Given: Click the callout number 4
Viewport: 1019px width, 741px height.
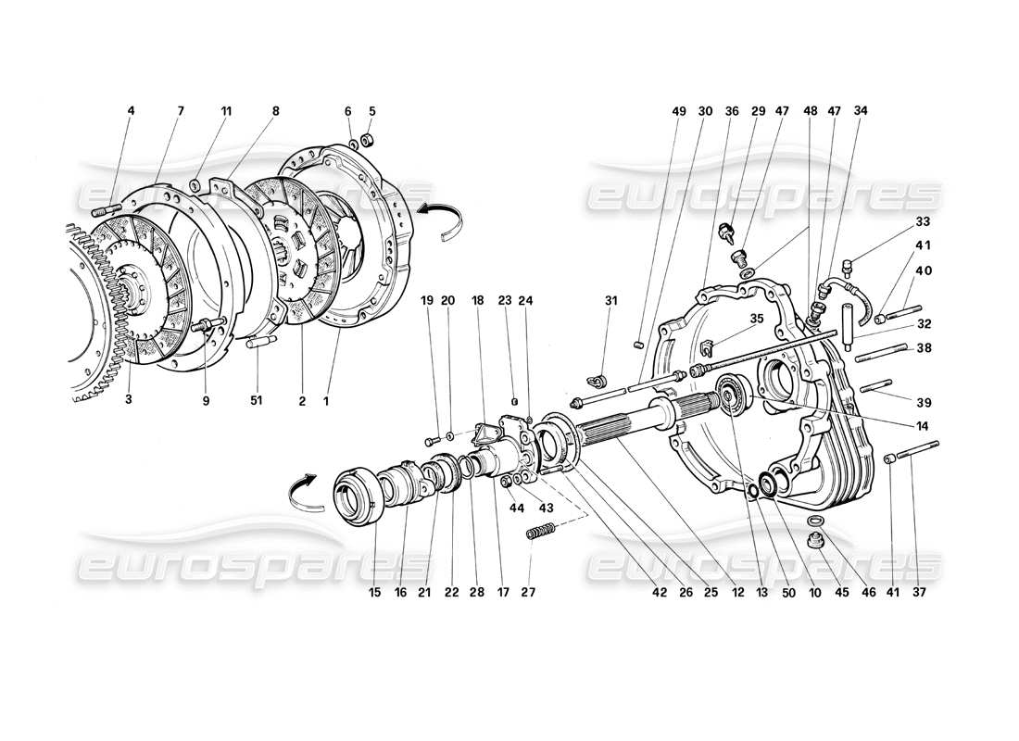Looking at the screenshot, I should pyautogui.click(x=131, y=111).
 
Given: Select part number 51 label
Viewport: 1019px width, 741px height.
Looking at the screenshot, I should pyautogui.click(x=256, y=401).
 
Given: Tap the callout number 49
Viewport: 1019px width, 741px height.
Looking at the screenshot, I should pyautogui.click(x=679, y=111).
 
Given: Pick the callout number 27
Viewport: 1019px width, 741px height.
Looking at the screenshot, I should pyautogui.click(x=530, y=591).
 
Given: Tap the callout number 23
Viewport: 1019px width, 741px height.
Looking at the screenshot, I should pyautogui.click(x=504, y=299).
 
